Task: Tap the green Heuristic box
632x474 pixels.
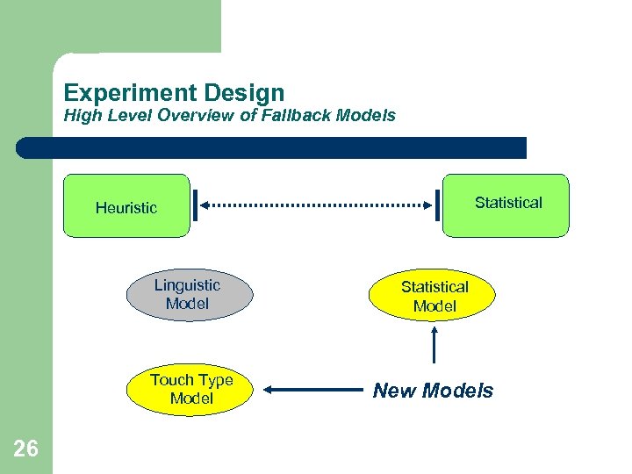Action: [x=126, y=207]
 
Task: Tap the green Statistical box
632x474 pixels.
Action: [x=506, y=205]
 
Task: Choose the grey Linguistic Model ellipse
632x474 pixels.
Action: [x=188, y=294]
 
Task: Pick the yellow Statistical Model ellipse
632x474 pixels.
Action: [x=434, y=297]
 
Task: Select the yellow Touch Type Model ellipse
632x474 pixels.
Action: [x=191, y=390]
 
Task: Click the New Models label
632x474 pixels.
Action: [x=434, y=391]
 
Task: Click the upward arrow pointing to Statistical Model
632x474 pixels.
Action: [x=436, y=344]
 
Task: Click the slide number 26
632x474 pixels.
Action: [x=26, y=449]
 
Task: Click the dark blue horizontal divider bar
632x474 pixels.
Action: [x=272, y=147]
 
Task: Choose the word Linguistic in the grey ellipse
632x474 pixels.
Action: [x=188, y=284]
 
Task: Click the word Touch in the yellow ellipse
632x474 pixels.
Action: [x=169, y=380]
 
